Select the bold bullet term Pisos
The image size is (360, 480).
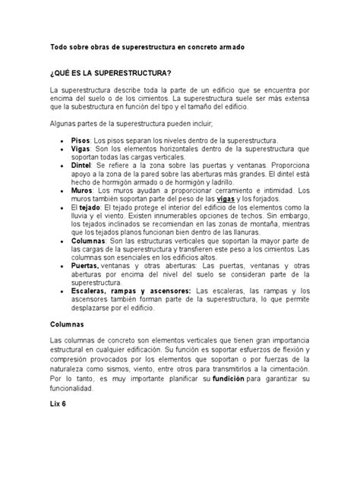pyautogui.click(x=80, y=140)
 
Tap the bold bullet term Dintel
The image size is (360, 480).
pyautogui.click(x=81, y=163)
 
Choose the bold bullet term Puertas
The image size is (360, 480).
pyautogui.click(x=84, y=266)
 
